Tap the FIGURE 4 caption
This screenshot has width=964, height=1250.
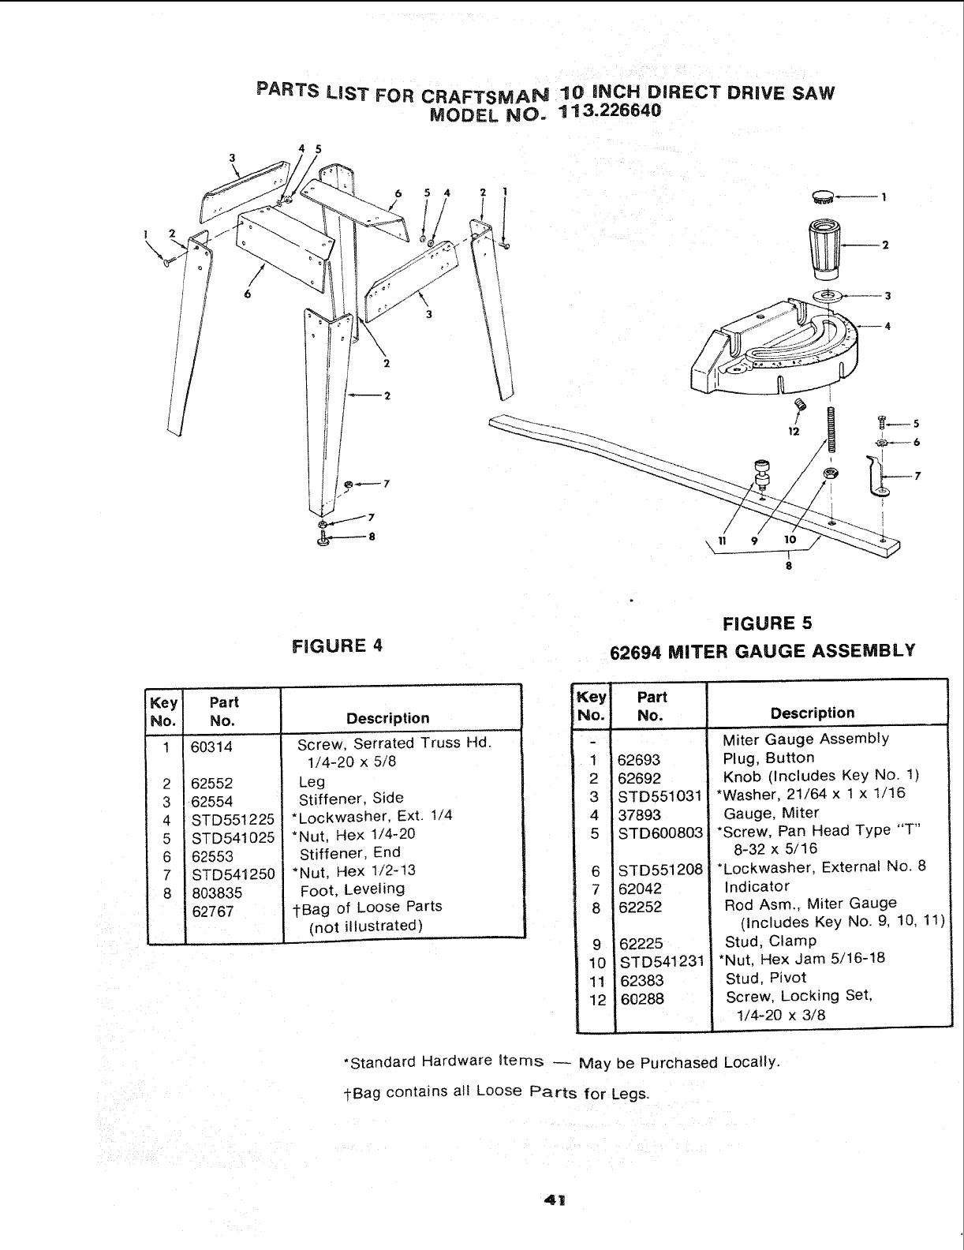337,645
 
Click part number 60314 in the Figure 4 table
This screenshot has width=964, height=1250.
211,746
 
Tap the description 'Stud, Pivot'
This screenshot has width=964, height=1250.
755,979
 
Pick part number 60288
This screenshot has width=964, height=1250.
641,999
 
